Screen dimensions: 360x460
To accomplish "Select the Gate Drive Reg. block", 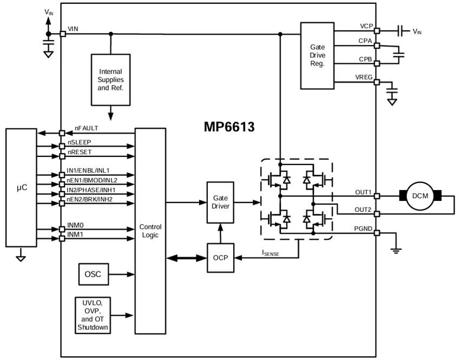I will (x=317, y=56).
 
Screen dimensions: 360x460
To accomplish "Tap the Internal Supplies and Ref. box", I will (x=110, y=80).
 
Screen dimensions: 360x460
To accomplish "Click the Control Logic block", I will (x=150, y=231).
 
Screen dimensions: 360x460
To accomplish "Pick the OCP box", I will (x=220, y=258).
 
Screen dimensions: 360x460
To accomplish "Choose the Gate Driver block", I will (x=220, y=202).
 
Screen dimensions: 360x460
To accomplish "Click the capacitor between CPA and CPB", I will (x=399, y=54).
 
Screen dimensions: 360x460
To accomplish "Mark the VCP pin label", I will (x=366, y=26).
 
